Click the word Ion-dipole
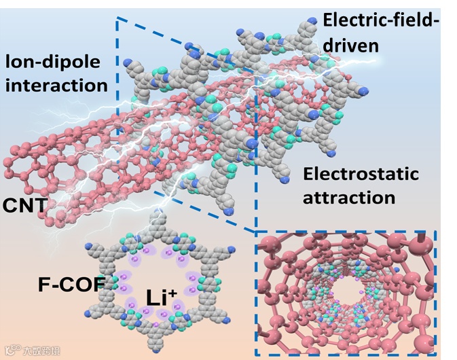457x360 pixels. coord(52,62)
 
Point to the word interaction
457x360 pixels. coord(56,86)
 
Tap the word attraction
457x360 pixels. coord(348,198)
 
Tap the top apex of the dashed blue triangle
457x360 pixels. coord(118,18)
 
